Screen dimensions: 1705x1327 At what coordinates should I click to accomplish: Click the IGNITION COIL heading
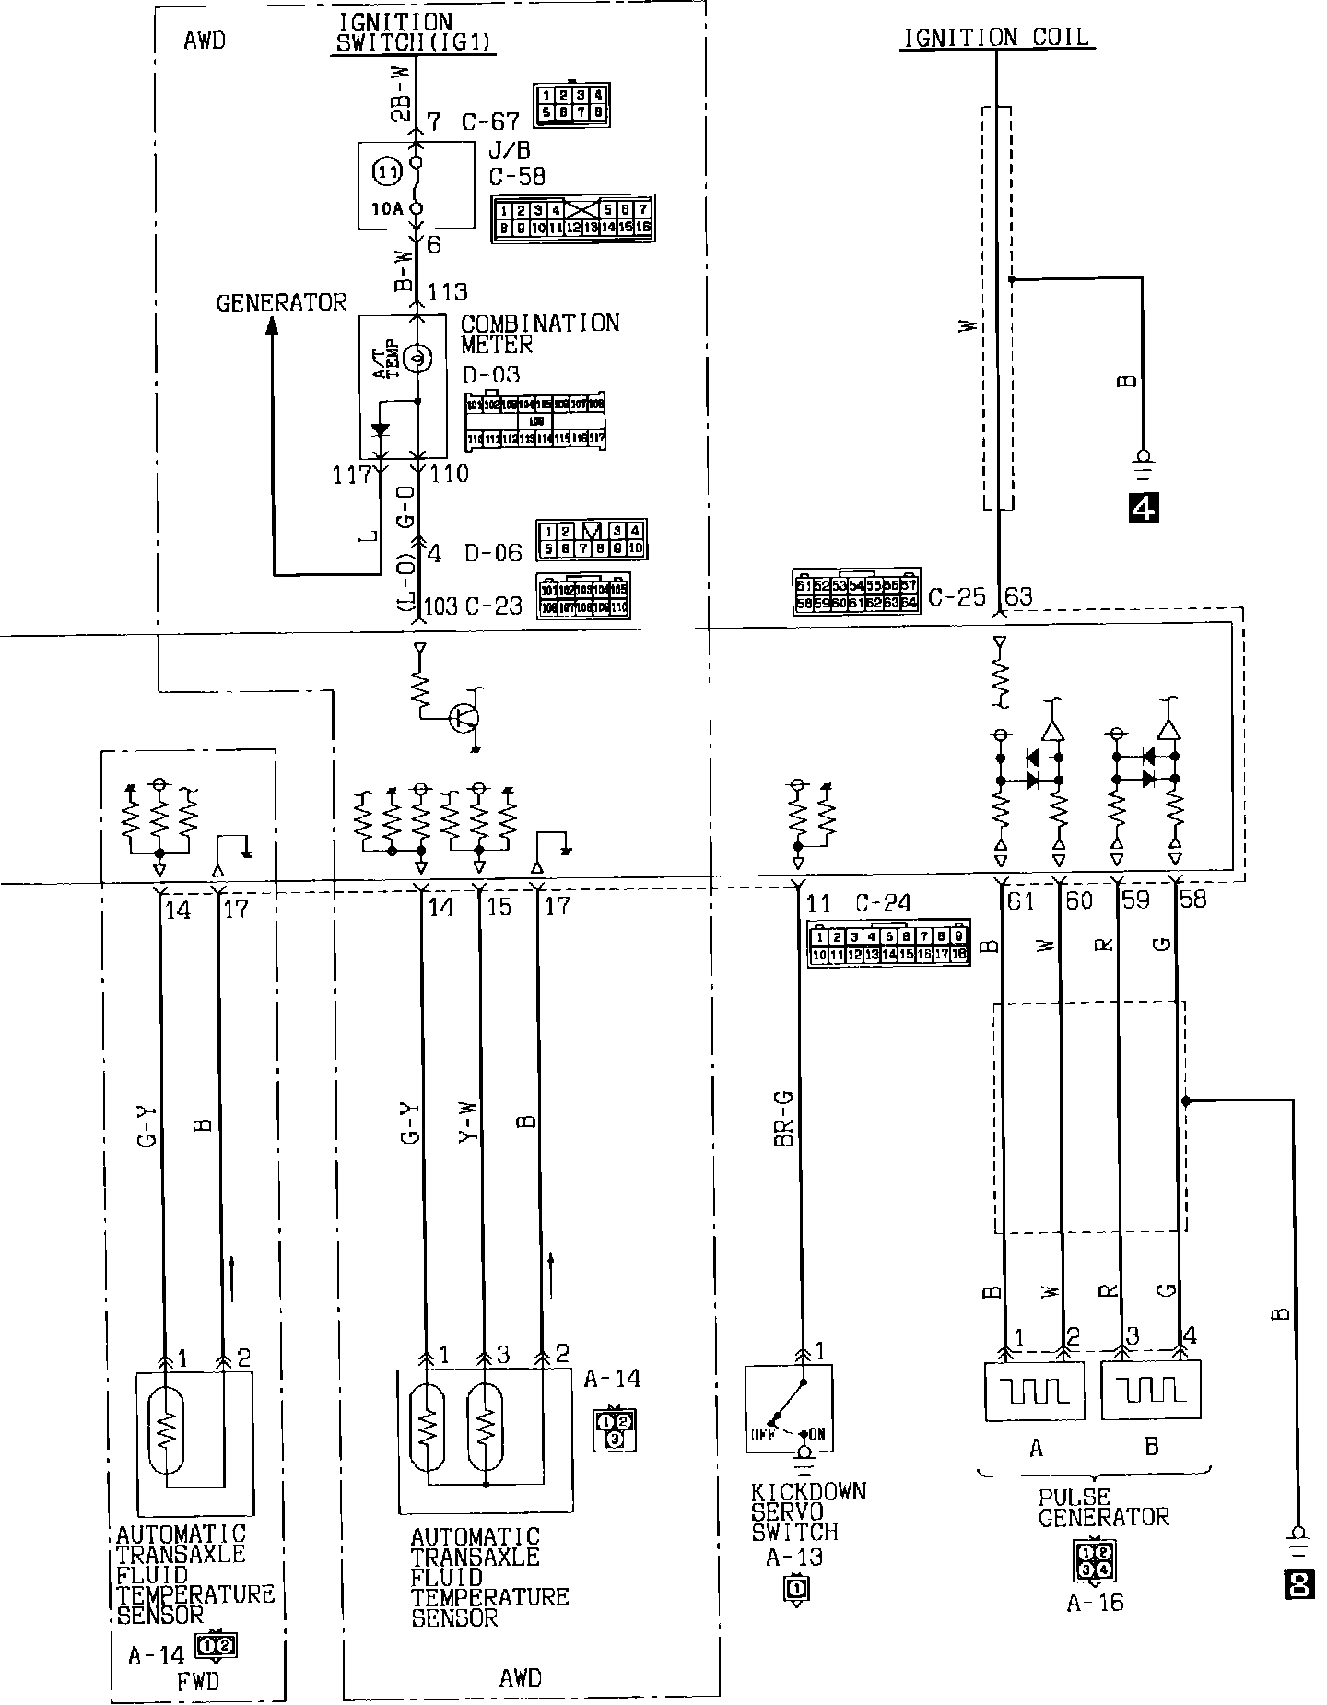pyautogui.click(x=995, y=38)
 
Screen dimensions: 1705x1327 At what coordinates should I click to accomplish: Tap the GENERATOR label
pyautogui.click(x=281, y=302)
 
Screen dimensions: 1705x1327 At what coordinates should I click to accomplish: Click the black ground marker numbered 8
pyautogui.click(x=1299, y=1583)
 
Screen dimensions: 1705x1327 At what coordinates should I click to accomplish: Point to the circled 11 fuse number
pyautogui.click(x=385, y=171)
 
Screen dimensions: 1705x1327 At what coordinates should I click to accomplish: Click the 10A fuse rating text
pyautogui.click(x=387, y=208)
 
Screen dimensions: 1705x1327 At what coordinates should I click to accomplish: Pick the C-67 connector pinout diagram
pyautogui.click(x=572, y=104)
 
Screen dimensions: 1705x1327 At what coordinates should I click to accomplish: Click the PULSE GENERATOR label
pyautogui.click(x=1102, y=1508)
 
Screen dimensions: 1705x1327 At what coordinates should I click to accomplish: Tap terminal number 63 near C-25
pyautogui.click(x=1018, y=596)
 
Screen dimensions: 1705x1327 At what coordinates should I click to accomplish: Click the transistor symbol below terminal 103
pyautogui.click(x=464, y=717)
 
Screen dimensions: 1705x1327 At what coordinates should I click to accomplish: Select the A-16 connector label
pyautogui.click(x=1095, y=1603)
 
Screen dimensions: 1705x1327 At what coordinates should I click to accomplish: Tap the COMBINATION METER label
pyautogui.click(x=539, y=334)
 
